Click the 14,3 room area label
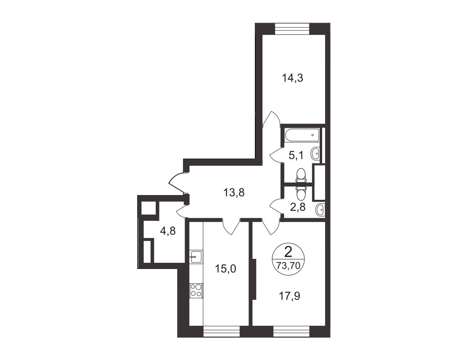pyautogui.click(x=292, y=78)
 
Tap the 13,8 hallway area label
pyautogui.click(x=234, y=192)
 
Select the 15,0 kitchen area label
pyautogui.click(x=226, y=269)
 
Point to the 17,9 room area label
pyautogui.click(x=289, y=296)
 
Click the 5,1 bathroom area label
pyautogui.click(x=296, y=155)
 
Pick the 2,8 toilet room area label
pyautogui.click(x=298, y=208)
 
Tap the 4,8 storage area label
pyautogui.click(x=168, y=231)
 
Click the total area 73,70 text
pyautogui.click(x=288, y=266)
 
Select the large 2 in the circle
pyautogui.click(x=288, y=252)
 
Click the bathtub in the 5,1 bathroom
pyautogui.click(x=302, y=136)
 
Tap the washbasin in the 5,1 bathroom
pyautogui.click(x=315, y=153)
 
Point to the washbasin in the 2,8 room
pyautogui.click(x=320, y=210)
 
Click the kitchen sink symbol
pyautogui.click(x=196, y=257)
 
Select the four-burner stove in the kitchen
pyautogui.click(x=196, y=291)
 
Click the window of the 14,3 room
pyautogui.click(x=292, y=29)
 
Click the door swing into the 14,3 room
pyautogui.click(x=271, y=120)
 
